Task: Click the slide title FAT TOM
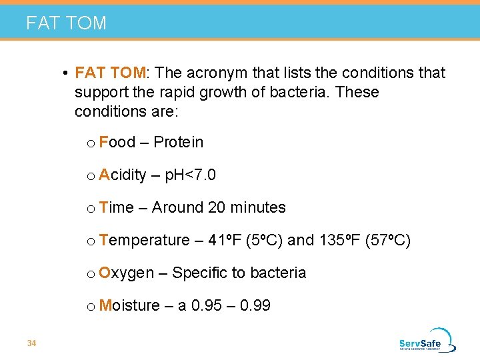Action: tap(66, 23)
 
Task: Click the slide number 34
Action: tap(31, 343)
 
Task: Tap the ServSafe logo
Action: tap(427, 340)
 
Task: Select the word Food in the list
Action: tap(117, 142)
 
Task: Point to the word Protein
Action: tap(178, 142)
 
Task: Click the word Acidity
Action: tap(122, 175)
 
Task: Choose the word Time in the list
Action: tap(116, 207)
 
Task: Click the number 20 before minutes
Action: tap(217, 207)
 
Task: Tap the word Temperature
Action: tap(144, 240)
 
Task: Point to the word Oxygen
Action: tap(126, 273)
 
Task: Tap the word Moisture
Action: tap(129, 305)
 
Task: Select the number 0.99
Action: tap(255, 305)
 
